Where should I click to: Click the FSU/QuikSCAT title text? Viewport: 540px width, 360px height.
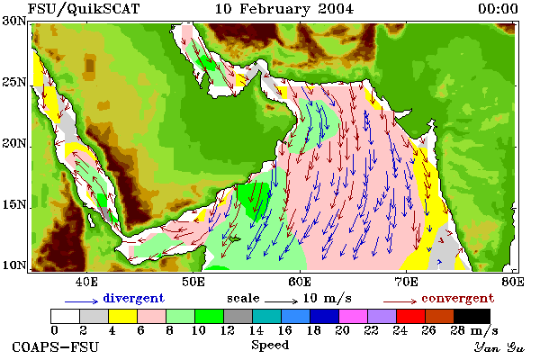(84, 9)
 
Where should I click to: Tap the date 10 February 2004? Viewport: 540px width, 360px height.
(284, 9)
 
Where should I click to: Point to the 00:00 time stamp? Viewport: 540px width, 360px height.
(498, 9)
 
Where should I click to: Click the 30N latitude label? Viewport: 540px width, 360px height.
(13, 21)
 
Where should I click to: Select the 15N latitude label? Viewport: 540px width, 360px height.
(13, 205)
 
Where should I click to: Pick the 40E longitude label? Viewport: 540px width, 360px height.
(86, 282)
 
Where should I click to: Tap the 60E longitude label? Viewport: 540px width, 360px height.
(300, 282)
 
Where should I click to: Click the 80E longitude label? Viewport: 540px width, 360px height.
(513, 282)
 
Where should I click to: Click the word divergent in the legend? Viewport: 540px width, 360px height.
(133, 298)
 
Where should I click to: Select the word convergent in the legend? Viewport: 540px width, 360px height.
(458, 298)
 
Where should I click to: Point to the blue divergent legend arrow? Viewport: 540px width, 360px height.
(81, 301)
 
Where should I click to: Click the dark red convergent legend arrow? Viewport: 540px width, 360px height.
(400, 301)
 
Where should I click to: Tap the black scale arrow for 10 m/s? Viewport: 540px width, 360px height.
(281, 301)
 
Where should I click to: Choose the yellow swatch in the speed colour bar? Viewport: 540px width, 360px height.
(123, 316)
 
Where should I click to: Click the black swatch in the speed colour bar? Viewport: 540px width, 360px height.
(472, 316)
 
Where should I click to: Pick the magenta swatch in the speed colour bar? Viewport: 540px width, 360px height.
(354, 316)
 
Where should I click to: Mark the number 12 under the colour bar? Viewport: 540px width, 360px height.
(227, 330)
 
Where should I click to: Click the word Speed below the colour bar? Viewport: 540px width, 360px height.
(270, 346)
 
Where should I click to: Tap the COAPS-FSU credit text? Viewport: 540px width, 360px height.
(56, 346)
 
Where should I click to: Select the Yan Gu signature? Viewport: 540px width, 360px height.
(499, 347)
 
